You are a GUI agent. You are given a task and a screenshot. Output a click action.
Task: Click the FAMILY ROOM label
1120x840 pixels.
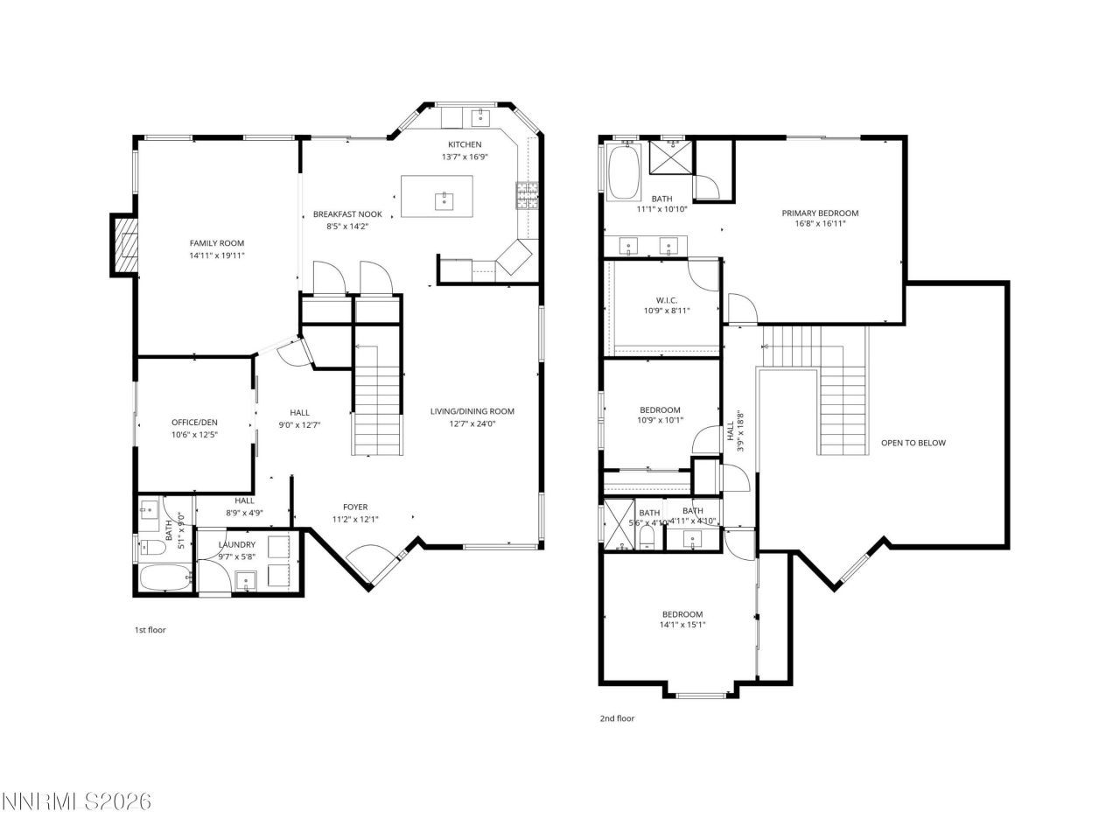click(216, 243)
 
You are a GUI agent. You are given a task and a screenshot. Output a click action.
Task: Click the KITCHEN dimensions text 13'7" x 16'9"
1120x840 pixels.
click(464, 157)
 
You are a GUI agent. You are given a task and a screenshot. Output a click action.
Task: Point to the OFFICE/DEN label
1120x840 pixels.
click(194, 422)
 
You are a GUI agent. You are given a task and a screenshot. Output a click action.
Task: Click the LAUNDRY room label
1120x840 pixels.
click(236, 544)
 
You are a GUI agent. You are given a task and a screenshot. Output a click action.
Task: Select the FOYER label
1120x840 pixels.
click(354, 507)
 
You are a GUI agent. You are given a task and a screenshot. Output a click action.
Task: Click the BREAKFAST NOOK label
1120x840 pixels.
click(347, 214)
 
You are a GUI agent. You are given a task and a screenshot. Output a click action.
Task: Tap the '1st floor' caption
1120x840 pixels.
click(150, 630)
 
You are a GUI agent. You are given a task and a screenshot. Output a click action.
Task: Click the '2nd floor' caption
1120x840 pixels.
click(617, 718)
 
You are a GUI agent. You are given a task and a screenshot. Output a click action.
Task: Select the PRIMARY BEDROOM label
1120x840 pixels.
click(819, 213)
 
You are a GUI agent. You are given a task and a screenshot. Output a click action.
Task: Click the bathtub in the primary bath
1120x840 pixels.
click(624, 171)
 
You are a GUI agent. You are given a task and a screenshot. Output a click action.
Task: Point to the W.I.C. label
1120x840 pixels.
click(667, 300)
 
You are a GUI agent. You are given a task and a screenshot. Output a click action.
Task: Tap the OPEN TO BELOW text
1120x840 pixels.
click(913, 443)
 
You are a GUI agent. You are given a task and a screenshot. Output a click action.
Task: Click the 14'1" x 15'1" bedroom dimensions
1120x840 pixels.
click(682, 625)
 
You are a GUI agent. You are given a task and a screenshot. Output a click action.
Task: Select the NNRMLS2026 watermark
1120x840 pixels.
click(77, 801)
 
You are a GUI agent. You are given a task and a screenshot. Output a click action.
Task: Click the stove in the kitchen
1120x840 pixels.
click(526, 194)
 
